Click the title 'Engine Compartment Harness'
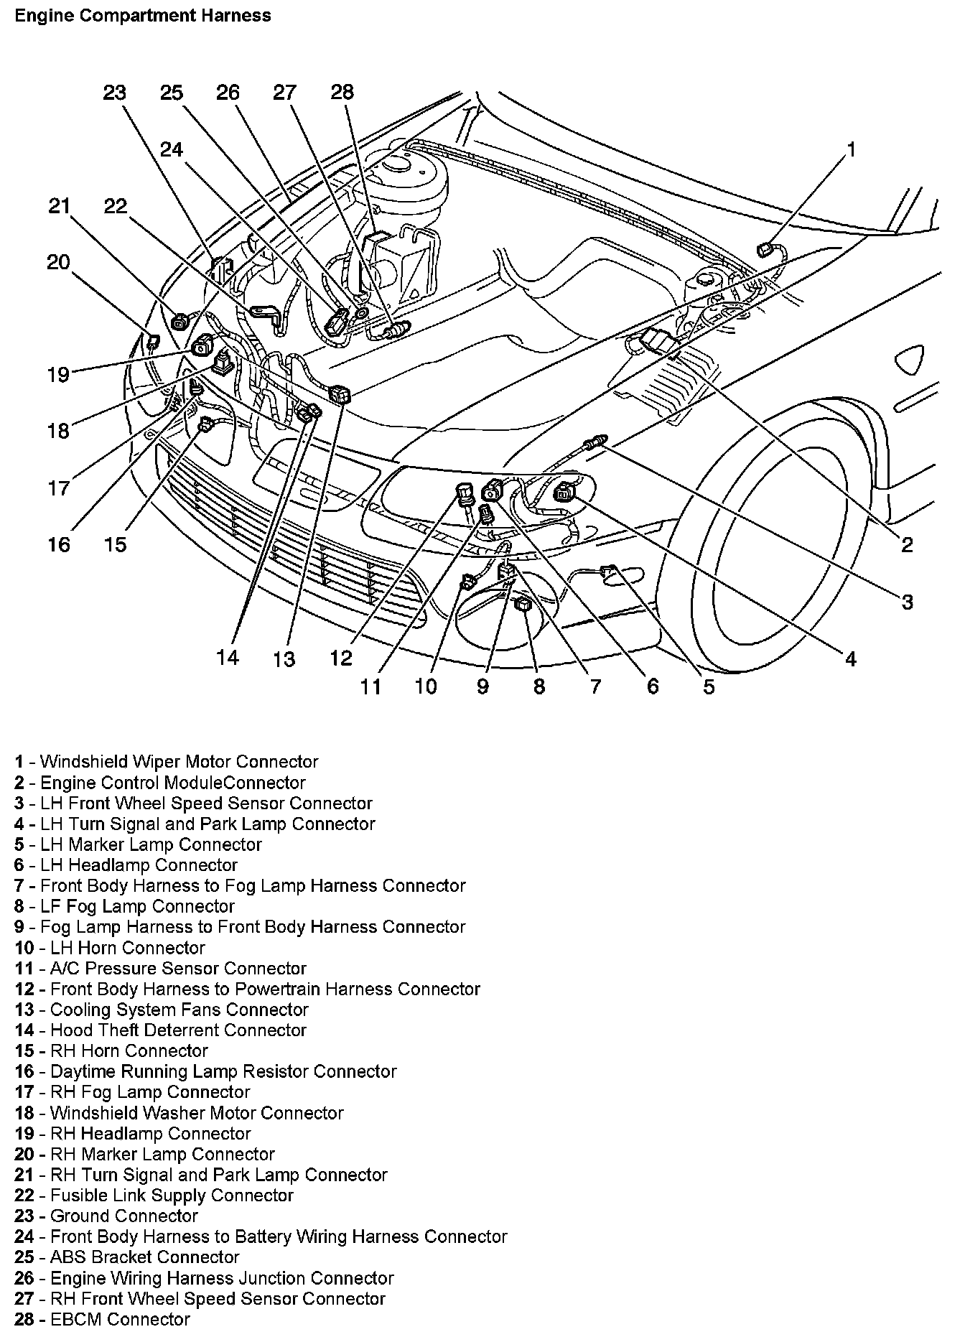[143, 15]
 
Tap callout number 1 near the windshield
[851, 149]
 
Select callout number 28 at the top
[342, 92]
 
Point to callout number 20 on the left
[59, 262]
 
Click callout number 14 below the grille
[228, 657]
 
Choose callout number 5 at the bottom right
[709, 686]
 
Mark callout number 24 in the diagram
[172, 149]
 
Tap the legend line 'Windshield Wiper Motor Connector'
[179, 762]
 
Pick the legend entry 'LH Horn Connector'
[123, 948]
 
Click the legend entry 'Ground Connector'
[123, 1216]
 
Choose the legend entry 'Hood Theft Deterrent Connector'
[178, 1030]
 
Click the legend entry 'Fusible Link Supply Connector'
[172, 1196]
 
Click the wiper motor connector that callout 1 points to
[765, 249]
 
